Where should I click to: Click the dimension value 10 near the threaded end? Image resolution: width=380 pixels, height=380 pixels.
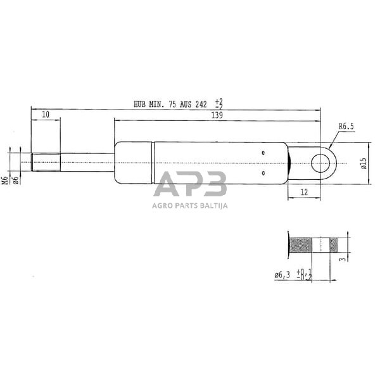click(46, 114)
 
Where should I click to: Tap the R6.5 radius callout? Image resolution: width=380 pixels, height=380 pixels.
click(346, 127)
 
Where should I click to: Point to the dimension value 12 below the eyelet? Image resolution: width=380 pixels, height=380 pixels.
click(304, 192)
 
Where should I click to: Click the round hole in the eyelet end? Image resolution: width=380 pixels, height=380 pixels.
click(320, 164)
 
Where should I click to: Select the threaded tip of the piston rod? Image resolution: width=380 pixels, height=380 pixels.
click(46, 163)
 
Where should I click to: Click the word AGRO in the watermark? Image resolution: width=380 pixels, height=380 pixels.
click(161, 205)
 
